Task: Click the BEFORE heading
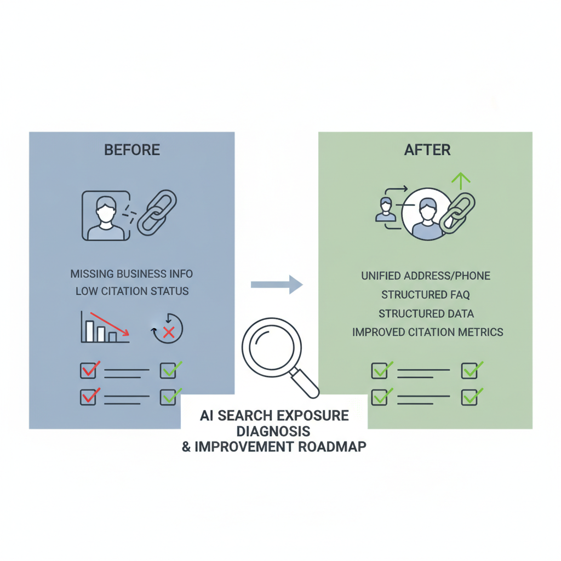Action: (132, 150)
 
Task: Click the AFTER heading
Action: (427, 150)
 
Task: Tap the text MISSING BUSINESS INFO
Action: (131, 274)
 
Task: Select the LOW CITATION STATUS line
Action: (132, 291)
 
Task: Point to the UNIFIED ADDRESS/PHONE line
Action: (426, 276)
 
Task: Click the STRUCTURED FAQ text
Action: (425, 295)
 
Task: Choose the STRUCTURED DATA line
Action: (426, 314)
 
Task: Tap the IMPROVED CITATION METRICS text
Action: (427, 333)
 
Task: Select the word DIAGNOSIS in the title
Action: (273, 432)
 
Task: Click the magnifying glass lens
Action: (272, 347)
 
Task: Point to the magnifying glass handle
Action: (305, 384)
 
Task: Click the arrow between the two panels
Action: (277, 285)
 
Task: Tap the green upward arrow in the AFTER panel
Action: (461, 181)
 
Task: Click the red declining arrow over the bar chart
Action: (109, 324)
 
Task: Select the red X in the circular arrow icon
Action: (169, 333)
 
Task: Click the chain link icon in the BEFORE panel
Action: (157, 213)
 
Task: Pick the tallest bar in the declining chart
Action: (89, 331)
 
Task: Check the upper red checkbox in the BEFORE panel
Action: (90, 370)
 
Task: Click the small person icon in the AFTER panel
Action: (386, 210)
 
